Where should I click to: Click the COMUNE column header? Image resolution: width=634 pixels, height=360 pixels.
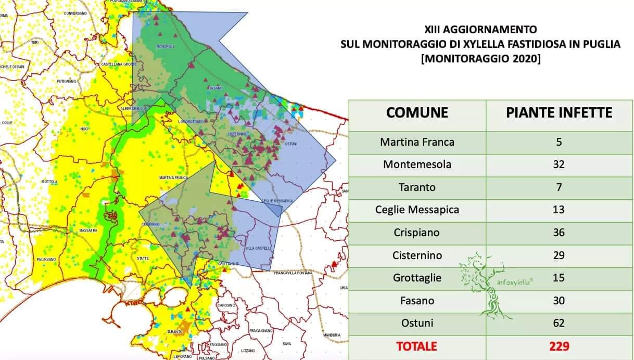(417, 112)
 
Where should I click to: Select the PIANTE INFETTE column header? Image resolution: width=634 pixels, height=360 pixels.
(559, 112)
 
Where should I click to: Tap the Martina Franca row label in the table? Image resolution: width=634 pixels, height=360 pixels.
(417, 142)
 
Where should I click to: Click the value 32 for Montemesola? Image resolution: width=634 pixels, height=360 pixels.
(559, 165)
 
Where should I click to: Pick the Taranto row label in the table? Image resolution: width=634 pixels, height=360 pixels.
(417, 187)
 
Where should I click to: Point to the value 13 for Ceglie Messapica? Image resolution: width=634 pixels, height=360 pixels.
(559, 210)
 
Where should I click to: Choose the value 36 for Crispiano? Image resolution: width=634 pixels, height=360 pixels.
(559, 233)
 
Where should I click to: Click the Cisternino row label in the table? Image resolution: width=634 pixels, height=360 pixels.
(417, 255)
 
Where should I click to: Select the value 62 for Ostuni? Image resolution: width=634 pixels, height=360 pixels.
(559, 323)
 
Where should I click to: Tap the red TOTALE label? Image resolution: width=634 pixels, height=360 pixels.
(416, 346)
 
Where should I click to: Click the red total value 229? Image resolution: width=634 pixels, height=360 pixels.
(559, 346)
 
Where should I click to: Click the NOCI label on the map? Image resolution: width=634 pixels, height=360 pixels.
(69, 128)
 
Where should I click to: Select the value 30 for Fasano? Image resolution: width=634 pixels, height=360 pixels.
(559, 301)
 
